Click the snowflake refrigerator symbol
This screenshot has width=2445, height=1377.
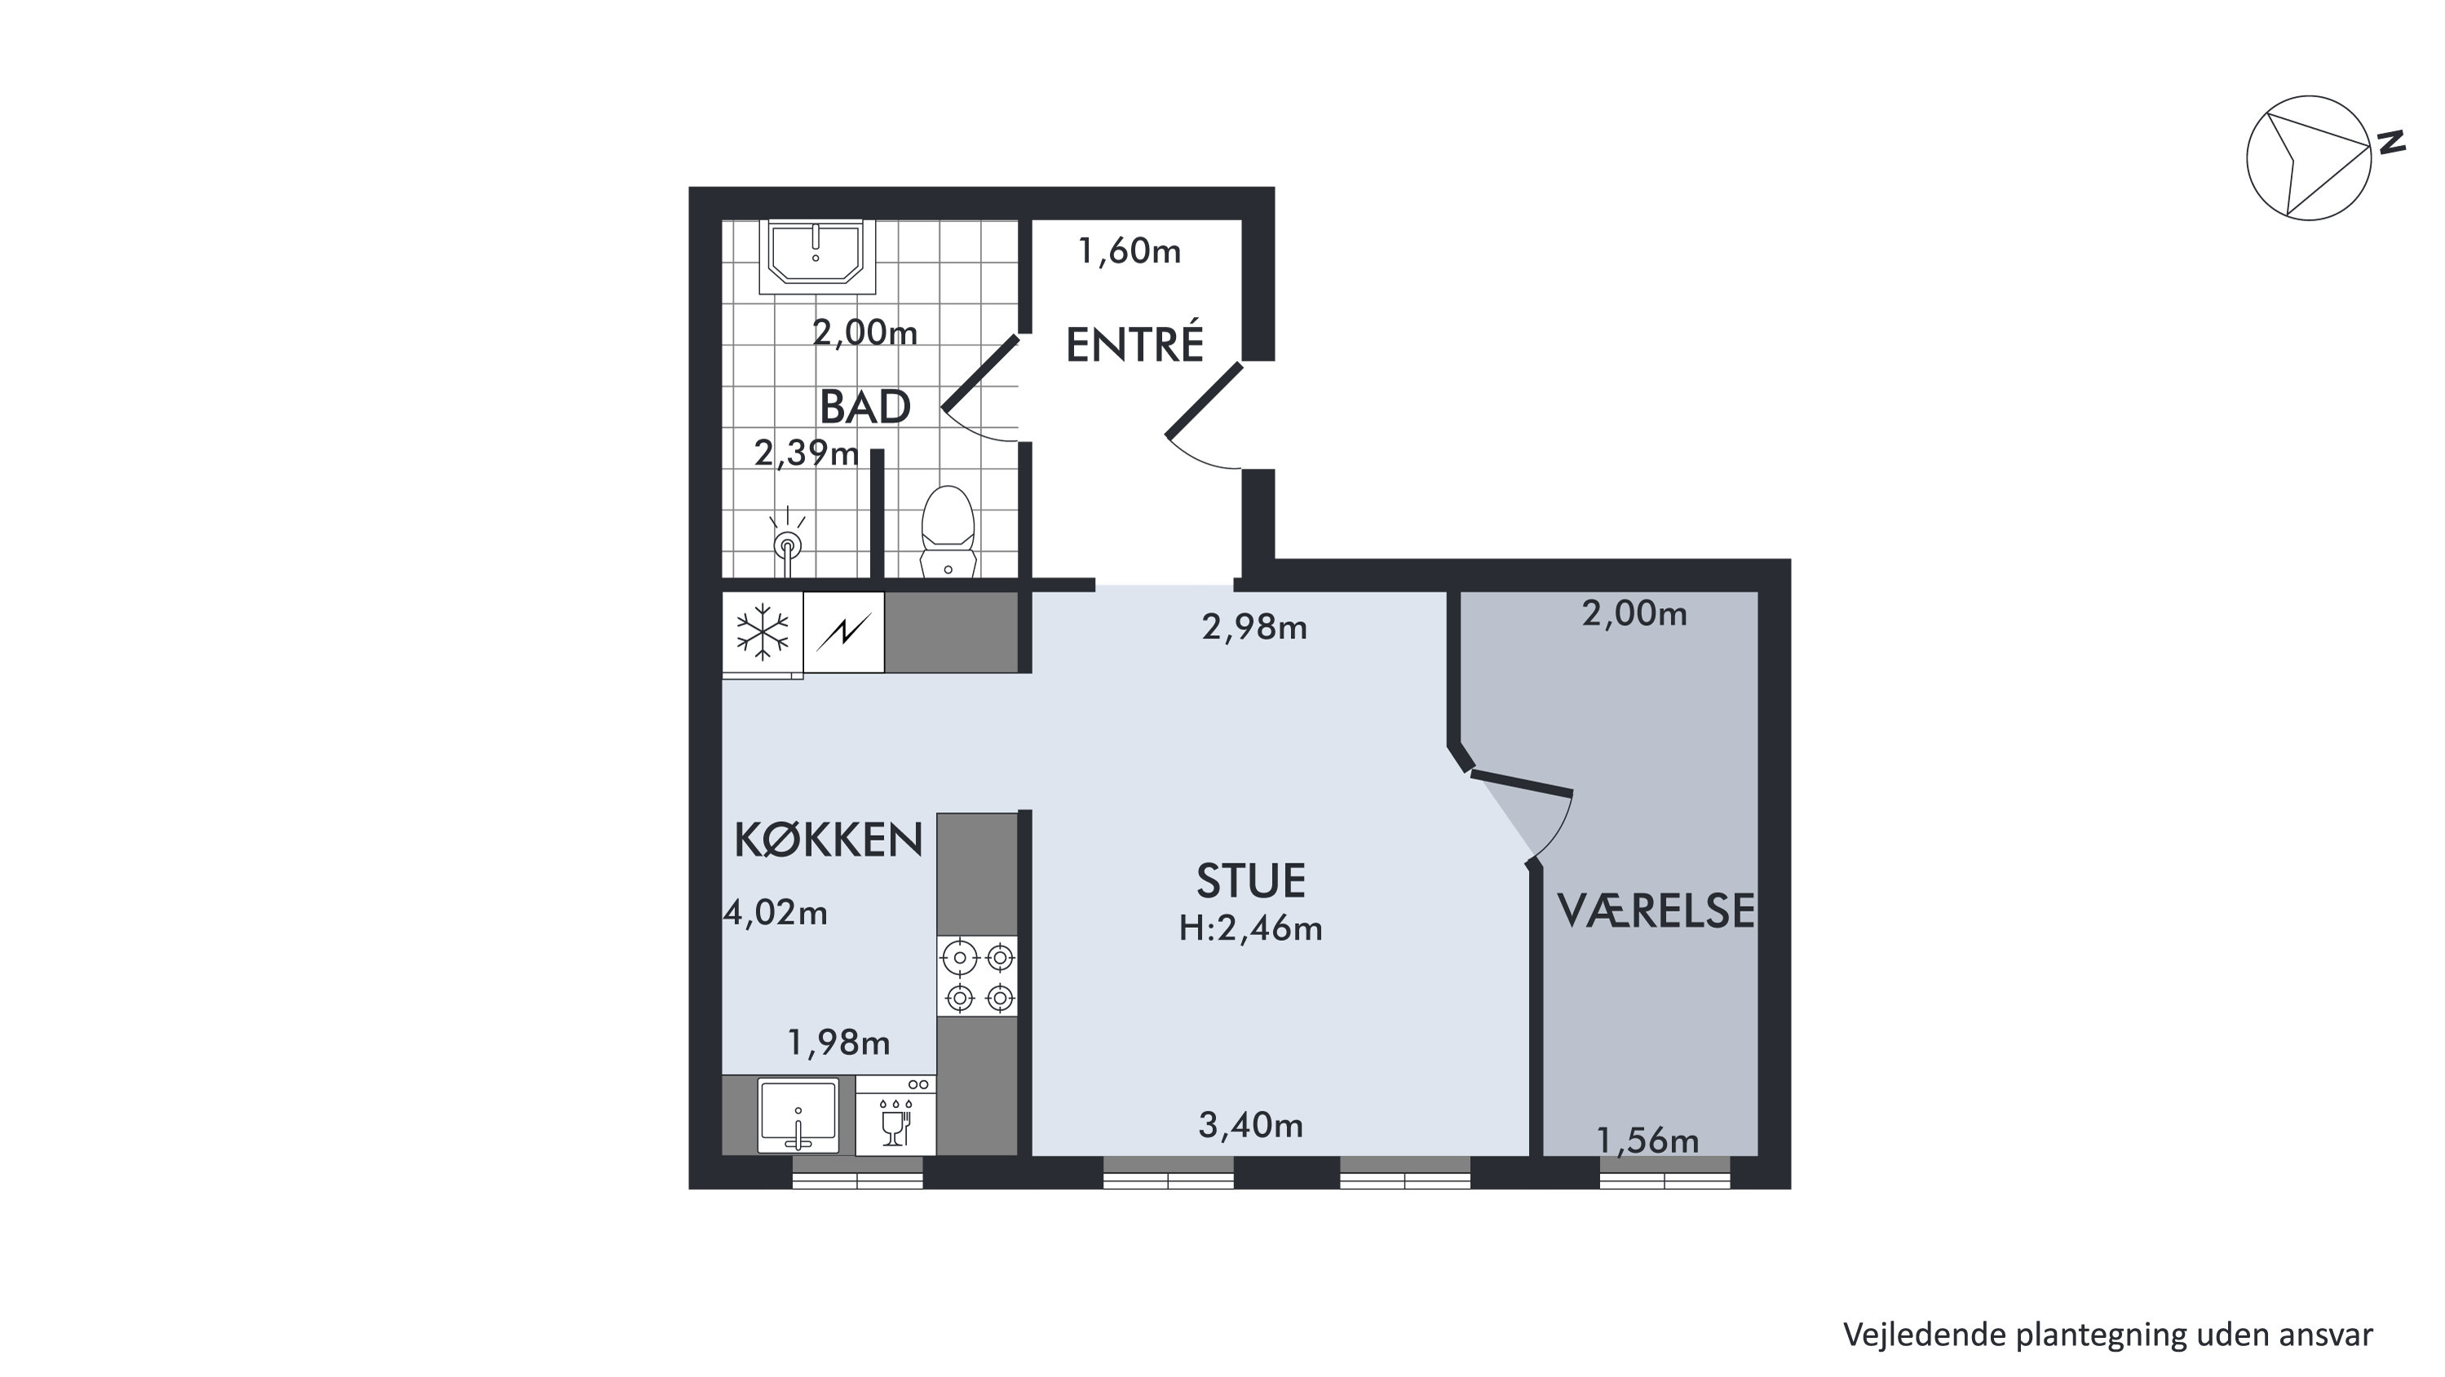click(x=763, y=632)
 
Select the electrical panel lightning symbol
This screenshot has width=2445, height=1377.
click(x=844, y=632)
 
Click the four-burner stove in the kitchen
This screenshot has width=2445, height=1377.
click(x=978, y=977)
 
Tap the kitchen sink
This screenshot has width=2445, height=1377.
click(x=798, y=1115)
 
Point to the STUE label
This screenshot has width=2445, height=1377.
click(x=1250, y=880)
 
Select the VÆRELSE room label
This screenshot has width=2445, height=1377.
click(x=1656, y=910)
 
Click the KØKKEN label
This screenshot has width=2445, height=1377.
click(x=829, y=840)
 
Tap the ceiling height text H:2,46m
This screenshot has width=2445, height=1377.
click(x=1250, y=928)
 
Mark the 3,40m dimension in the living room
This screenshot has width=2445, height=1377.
click(x=1250, y=1126)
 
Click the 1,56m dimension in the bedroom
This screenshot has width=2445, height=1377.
click(x=1647, y=1141)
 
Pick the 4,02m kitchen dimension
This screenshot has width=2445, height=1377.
click(x=776, y=913)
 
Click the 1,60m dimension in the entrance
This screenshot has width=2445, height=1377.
click(x=1130, y=251)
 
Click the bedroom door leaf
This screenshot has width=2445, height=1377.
click(x=1522, y=783)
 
